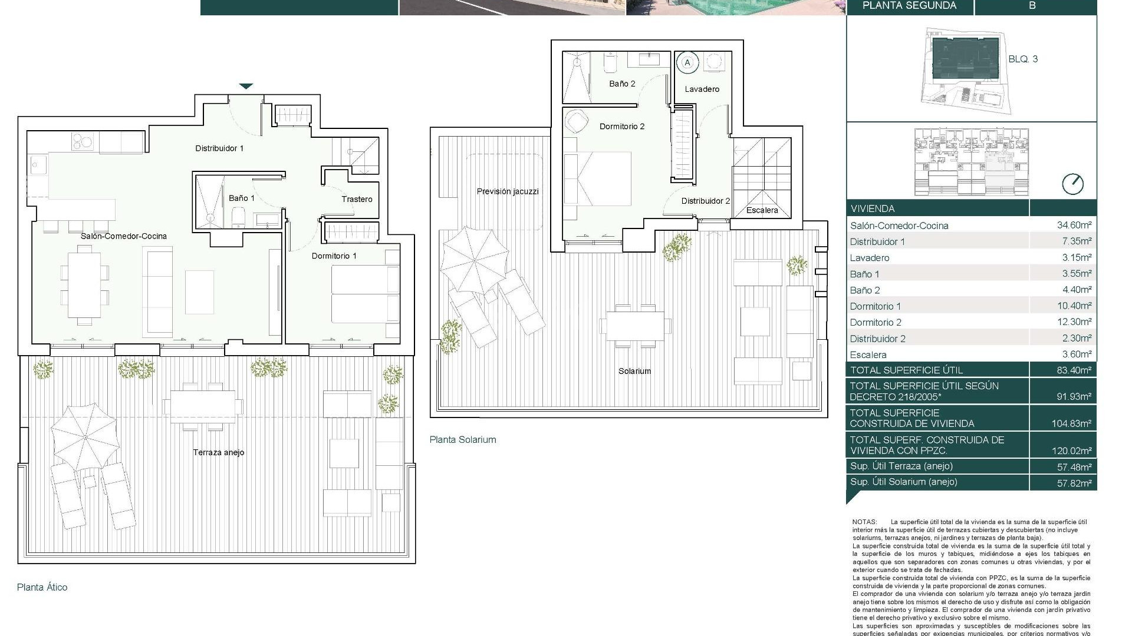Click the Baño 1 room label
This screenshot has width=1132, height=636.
pyautogui.click(x=242, y=198)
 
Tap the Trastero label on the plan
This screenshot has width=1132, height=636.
pyautogui.click(x=357, y=200)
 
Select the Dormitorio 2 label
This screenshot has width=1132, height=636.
pyautogui.click(x=622, y=127)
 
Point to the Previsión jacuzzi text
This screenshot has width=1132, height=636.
pyautogui.click(x=508, y=191)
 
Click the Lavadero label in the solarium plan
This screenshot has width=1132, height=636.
pyautogui.click(x=702, y=90)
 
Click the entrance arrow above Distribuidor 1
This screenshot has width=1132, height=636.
pyautogui.click(x=246, y=87)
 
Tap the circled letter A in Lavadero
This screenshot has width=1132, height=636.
pyautogui.click(x=687, y=62)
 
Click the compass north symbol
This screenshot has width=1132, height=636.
pyautogui.click(x=1072, y=184)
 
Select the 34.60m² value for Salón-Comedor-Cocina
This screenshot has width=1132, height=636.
pyautogui.click(x=1074, y=225)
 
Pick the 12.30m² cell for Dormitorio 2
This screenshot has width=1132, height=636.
pyautogui.click(x=1074, y=322)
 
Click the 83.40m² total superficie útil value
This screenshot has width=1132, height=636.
pyautogui.click(x=1074, y=370)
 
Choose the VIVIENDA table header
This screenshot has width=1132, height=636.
pyautogui.click(x=873, y=208)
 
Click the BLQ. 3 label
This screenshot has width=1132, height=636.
pyautogui.click(x=1023, y=59)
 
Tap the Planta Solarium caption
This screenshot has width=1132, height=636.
pyautogui.click(x=463, y=440)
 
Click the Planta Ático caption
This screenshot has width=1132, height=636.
pyautogui.click(x=42, y=587)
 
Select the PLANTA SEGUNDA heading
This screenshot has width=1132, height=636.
pyautogui.click(x=909, y=6)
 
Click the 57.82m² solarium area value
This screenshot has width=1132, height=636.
pyautogui.click(x=1074, y=483)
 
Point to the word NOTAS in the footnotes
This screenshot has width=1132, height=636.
pyautogui.click(x=864, y=522)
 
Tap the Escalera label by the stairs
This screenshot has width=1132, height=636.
pyautogui.click(x=762, y=210)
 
